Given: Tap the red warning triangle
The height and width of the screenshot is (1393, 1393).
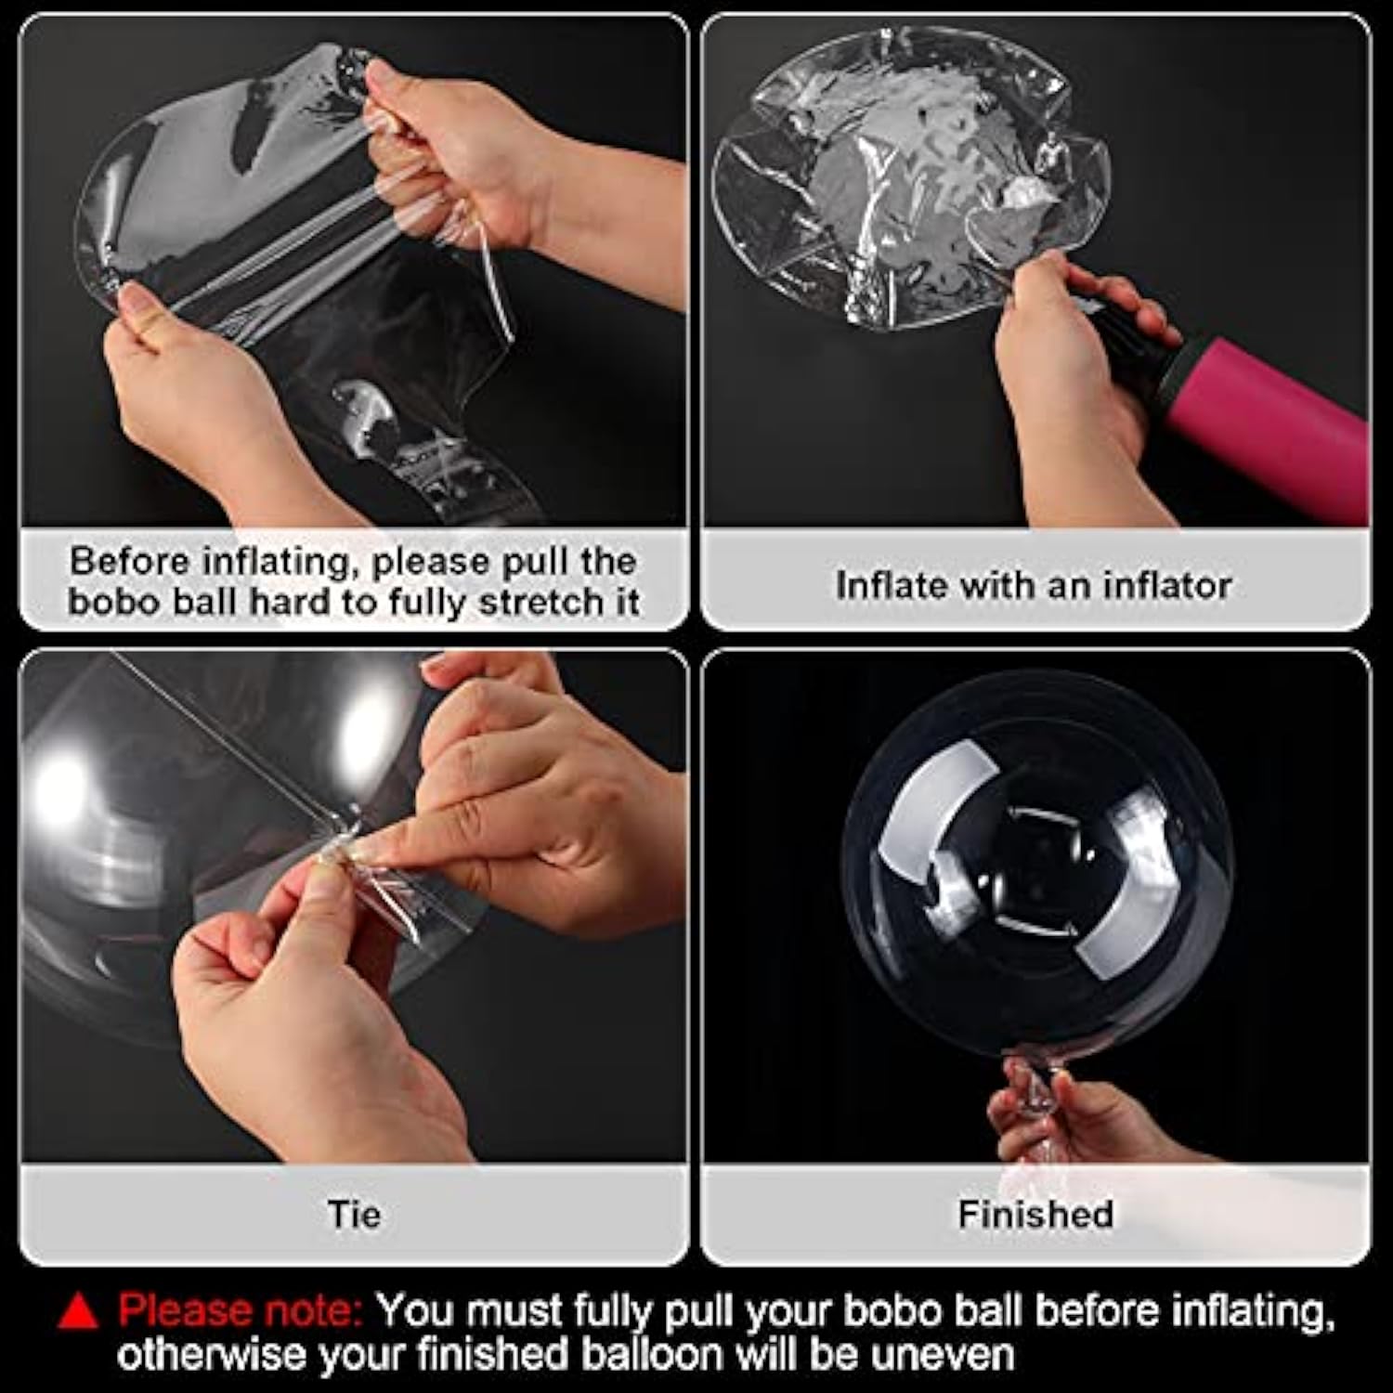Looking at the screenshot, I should (x=78, y=1310).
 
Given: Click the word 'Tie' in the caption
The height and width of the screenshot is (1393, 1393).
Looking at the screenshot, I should (x=354, y=1214).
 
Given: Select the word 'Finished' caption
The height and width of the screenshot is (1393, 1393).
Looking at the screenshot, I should (x=1035, y=1214).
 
